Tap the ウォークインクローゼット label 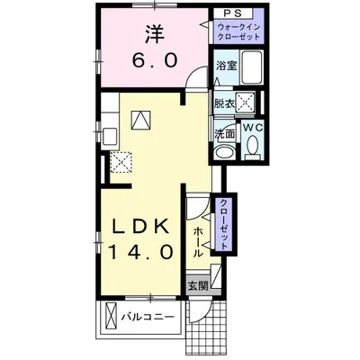(238, 32)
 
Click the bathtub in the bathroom (252, 67)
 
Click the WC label (253, 128)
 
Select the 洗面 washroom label (224, 134)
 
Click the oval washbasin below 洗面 (225, 153)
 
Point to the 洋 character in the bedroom (155, 34)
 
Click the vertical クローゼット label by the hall (224, 224)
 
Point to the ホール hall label (197, 242)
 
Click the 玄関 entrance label (198, 286)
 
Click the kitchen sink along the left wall (110, 136)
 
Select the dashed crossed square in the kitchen (121, 162)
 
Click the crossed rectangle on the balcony (111, 316)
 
